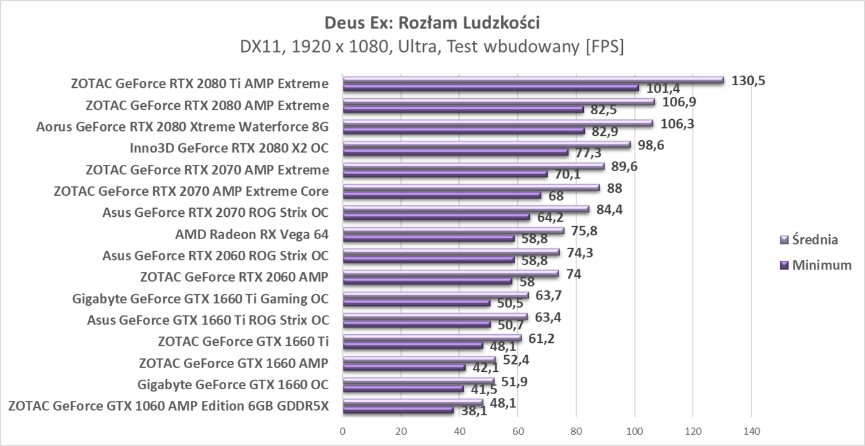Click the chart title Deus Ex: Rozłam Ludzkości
(x=432, y=23)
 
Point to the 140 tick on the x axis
(x=751, y=431)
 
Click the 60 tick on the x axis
(x=518, y=431)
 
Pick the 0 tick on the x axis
(x=343, y=431)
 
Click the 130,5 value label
(x=748, y=80)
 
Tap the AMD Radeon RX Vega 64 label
(x=251, y=234)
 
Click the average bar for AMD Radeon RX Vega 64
(x=453, y=230)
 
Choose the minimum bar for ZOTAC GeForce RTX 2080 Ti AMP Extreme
(x=491, y=88)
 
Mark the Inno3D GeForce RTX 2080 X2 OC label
(x=229, y=148)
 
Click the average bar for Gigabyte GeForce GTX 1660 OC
(x=418, y=382)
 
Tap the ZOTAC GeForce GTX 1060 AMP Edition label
(x=168, y=406)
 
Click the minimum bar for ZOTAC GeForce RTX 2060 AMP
(x=427, y=281)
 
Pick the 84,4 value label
(x=609, y=209)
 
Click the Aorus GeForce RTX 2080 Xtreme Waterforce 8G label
(x=182, y=127)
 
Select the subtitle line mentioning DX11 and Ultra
(x=432, y=47)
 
